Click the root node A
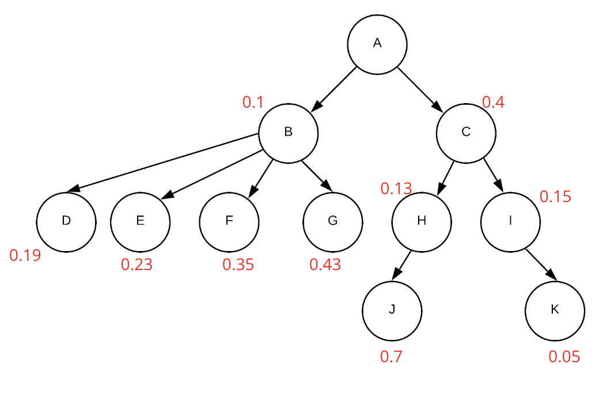377,44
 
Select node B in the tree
288,133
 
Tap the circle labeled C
466,133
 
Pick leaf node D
66,222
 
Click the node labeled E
140,222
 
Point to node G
332,222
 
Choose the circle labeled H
422,222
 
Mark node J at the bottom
392,310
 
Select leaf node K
555,310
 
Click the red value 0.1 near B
253,102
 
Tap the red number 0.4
493,102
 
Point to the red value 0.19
25,256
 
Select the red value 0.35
238,265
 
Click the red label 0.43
325,265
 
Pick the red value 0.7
391,357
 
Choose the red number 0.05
564,357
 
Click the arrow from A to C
420,89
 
